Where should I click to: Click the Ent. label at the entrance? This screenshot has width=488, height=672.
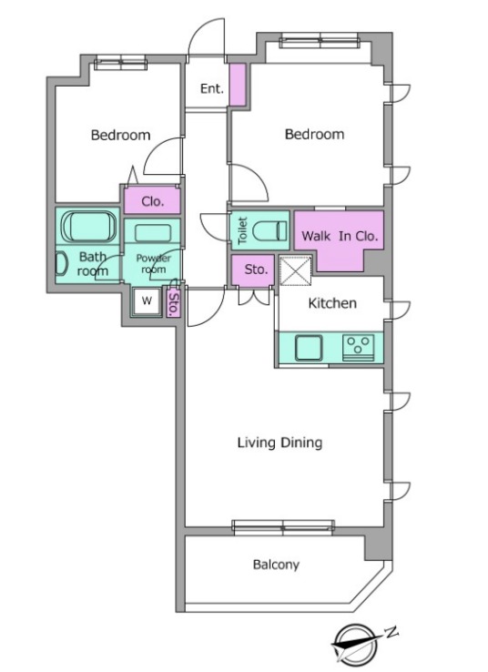[x=211, y=88]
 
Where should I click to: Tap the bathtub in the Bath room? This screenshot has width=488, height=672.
[x=88, y=227]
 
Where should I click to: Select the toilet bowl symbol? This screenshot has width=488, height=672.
[x=269, y=230]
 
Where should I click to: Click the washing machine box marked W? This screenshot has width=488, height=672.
[x=147, y=300]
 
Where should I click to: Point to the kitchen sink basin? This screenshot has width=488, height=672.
[x=308, y=348]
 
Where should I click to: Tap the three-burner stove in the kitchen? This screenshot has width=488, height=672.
[x=358, y=347]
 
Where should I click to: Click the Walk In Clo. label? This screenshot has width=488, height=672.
[x=340, y=236]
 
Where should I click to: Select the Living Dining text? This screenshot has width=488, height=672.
[x=280, y=443]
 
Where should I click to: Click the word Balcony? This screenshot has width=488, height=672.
[x=276, y=565]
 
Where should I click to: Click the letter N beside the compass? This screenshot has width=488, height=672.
[x=391, y=632]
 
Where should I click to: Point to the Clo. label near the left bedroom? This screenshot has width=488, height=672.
[x=153, y=201]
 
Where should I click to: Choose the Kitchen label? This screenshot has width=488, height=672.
[x=332, y=303]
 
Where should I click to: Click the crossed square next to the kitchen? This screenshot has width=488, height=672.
[x=296, y=270]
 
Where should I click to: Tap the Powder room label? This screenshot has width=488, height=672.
[x=153, y=263]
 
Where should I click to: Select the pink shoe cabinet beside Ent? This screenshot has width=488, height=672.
[x=238, y=85]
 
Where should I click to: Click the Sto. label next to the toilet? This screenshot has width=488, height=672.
[x=256, y=270]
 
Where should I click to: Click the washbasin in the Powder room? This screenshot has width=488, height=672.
[x=153, y=234]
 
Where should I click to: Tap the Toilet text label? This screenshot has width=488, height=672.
[x=242, y=230]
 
